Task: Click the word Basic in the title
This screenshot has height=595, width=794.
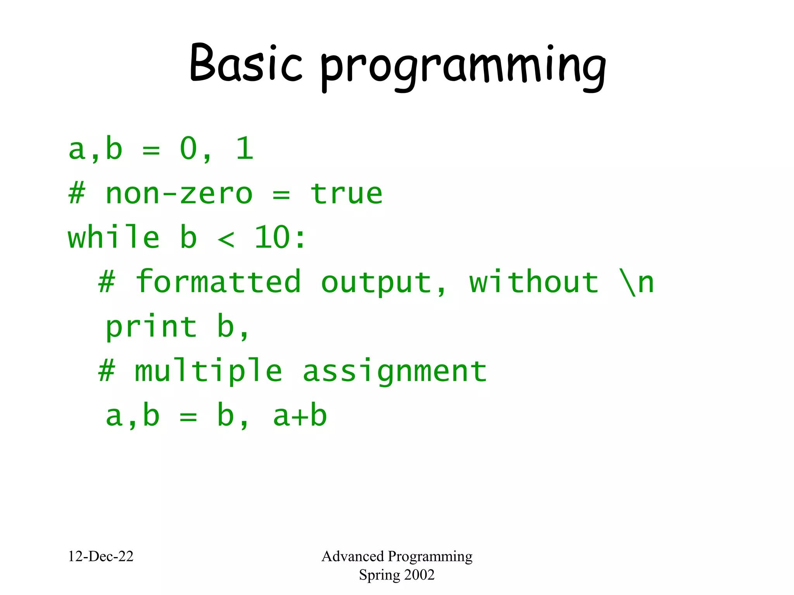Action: point(246,64)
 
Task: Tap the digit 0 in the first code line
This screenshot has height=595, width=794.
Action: point(189,149)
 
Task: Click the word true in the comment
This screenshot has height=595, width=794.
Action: point(346,194)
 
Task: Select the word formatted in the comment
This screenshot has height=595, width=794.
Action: point(218,282)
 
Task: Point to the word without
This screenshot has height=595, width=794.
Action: point(534,282)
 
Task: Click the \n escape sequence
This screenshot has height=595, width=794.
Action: point(636,282)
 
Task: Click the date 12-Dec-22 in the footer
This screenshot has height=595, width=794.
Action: point(100,556)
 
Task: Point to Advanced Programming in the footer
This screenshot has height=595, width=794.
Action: point(397,556)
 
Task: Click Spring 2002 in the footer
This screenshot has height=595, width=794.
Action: point(397,575)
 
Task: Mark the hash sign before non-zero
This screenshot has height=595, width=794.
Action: point(76,194)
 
